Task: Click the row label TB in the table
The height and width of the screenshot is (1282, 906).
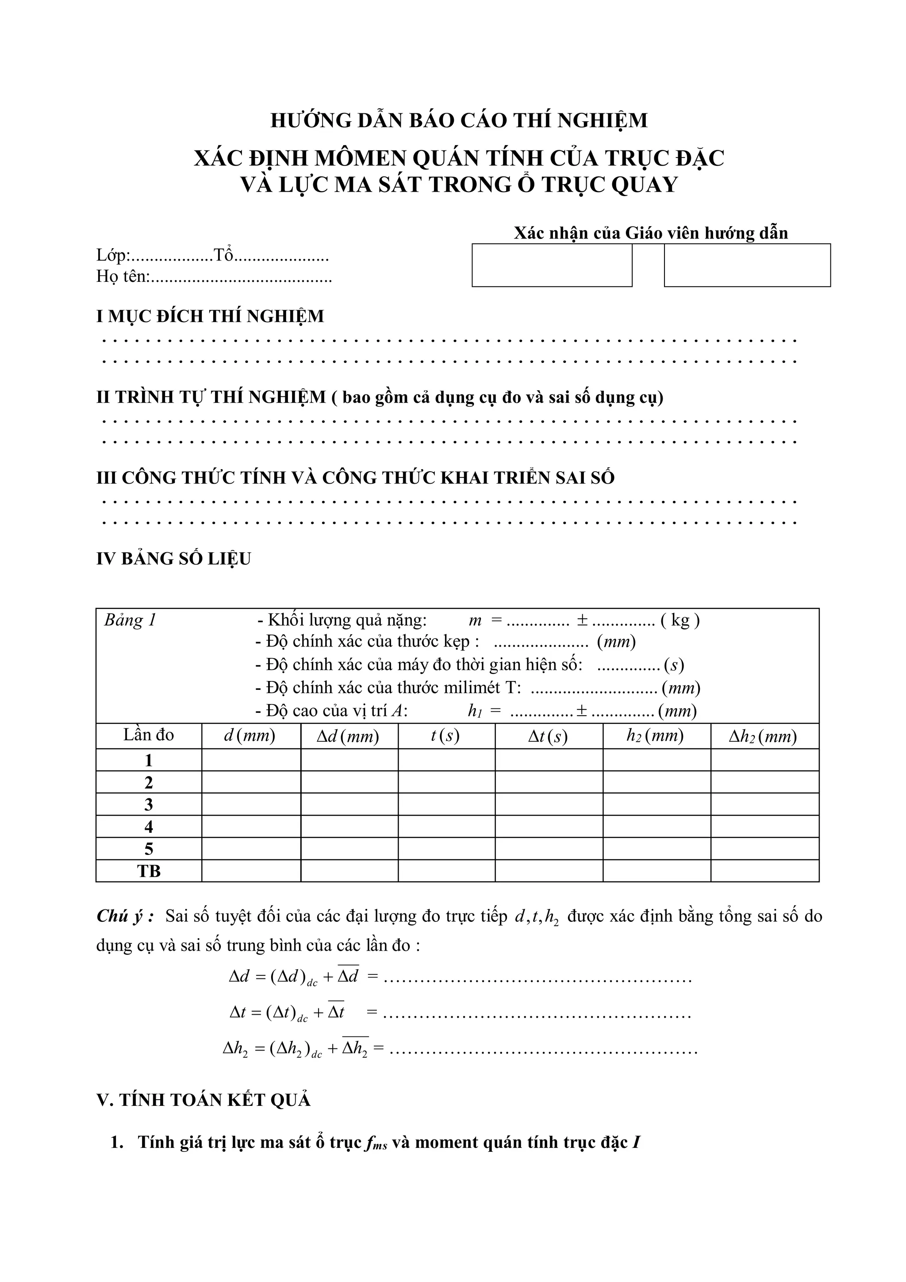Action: (x=149, y=870)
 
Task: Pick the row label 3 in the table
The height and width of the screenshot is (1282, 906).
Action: (x=149, y=804)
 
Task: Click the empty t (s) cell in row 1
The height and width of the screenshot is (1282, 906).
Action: (x=446, y=760)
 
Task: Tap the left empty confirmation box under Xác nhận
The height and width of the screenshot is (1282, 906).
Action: (x=552, y=265)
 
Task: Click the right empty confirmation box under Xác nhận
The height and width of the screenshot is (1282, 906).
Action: (x=746, y=265)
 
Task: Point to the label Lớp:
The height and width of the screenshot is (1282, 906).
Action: (x=113, y=256)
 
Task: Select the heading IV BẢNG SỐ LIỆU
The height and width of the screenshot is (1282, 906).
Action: (x=173, y=558)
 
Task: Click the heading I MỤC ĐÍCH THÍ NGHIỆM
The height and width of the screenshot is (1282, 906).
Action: (x=210, y=316)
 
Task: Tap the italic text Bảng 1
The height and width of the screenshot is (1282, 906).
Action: (x=130, y=620)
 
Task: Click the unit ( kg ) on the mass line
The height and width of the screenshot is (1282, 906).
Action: (x=680, y=620)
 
